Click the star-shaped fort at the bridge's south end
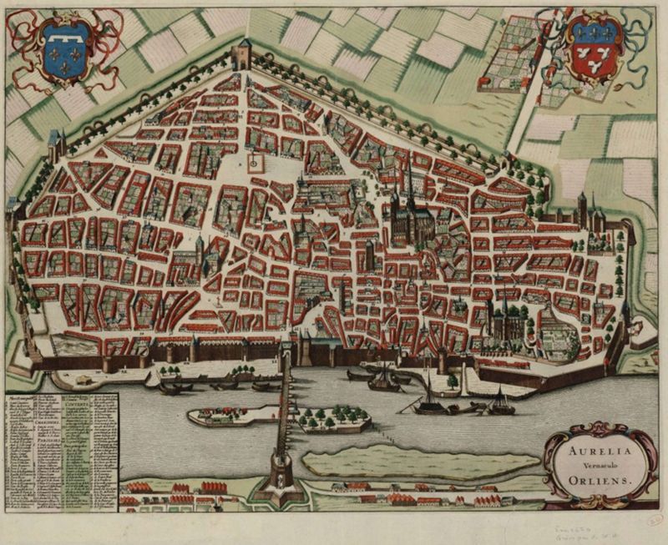pyautogui.click(x=279, y=483)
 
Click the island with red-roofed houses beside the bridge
pyautogui.click(x=234, y=414)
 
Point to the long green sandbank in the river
pyautogui.click(x=417, y=462)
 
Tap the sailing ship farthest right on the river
pyautogui.click(x=501, y=404)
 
